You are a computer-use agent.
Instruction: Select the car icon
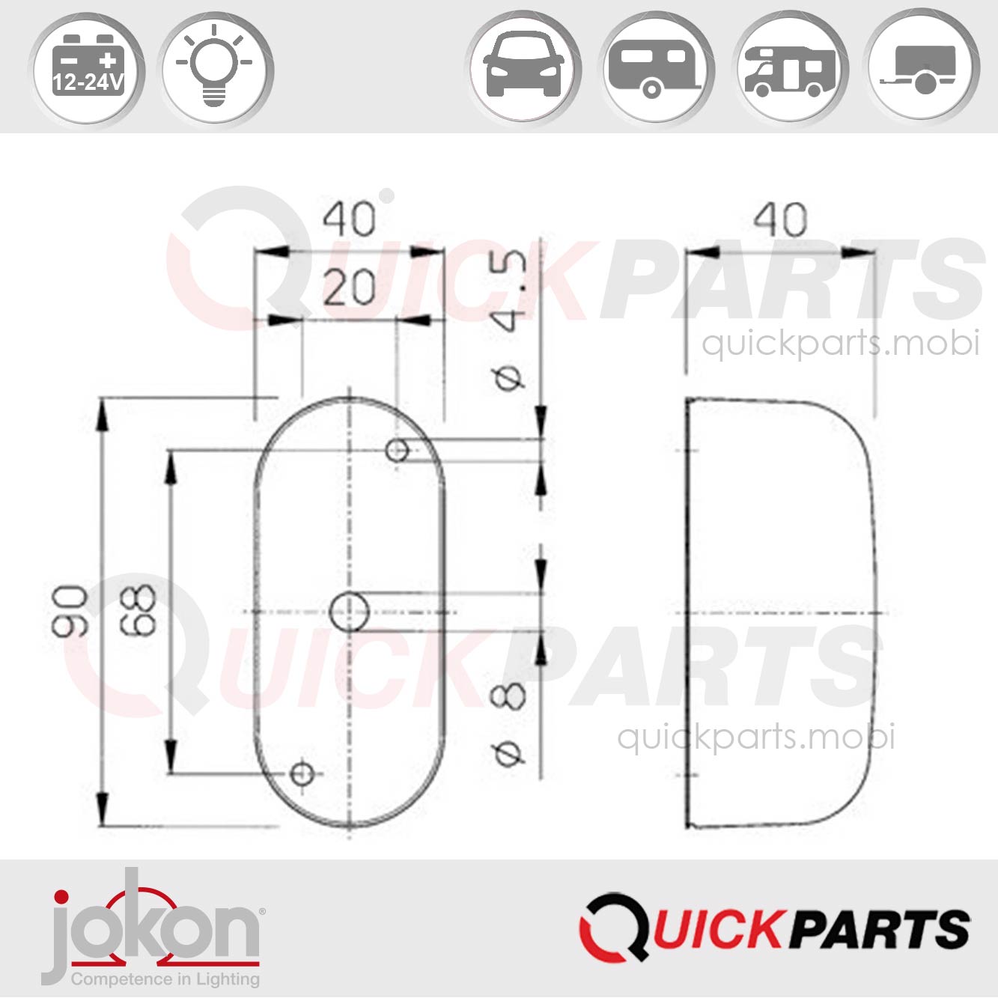(x=524, y=67)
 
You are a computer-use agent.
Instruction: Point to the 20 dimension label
(x=349, y=288)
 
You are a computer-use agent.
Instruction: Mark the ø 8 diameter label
(x=509, y=722)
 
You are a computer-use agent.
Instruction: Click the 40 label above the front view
(x=349, y=220)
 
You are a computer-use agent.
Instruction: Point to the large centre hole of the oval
(x=350, y=612)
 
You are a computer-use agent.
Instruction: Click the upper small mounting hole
(x=397, y=450)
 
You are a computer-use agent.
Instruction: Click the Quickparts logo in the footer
(x=775, y=928)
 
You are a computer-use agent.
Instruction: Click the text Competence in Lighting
(x=165, y=979)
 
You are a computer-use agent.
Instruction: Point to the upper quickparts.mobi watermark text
(x=840, y=343)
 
